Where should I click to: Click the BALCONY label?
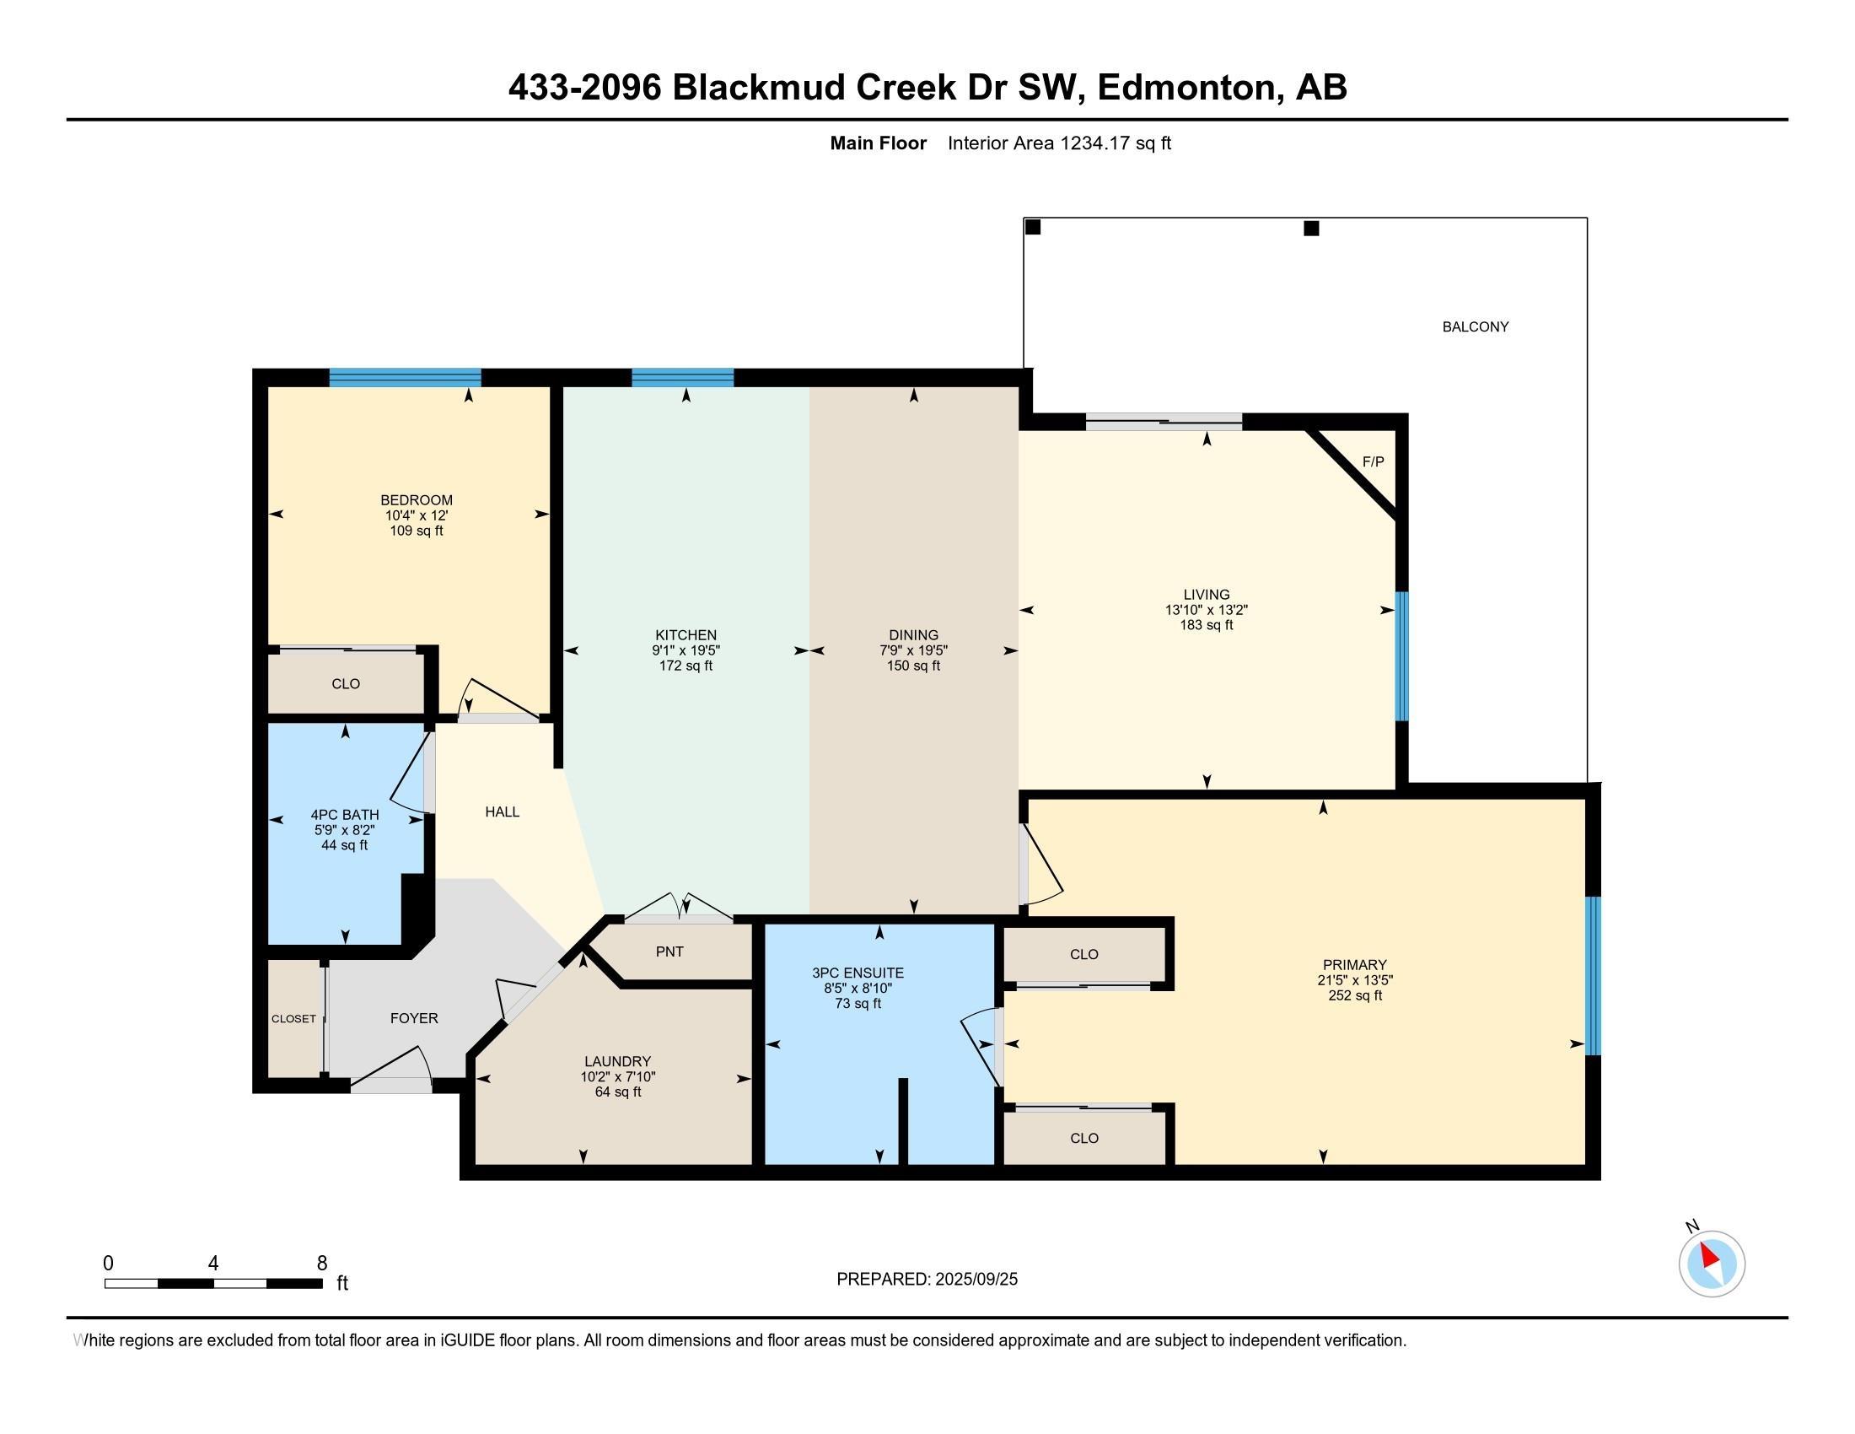click(1476, 326)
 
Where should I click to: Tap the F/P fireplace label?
click(1374, 461)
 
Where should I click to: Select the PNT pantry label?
click(669, 952)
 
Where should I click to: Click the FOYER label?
click(414, 1018)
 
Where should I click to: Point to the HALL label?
click(502, 811)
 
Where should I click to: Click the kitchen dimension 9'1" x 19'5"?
click(686, 650)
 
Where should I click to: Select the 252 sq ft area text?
click(1355, 995)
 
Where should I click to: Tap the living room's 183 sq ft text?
click(1206, 624)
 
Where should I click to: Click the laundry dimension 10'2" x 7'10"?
click(617, 1076)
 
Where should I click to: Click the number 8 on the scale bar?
click(322, 1264)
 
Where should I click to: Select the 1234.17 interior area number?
click(1095, 143)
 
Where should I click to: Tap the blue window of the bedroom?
click(405, 377)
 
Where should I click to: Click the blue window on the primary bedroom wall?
click(1594, 975)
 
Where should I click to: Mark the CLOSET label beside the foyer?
click(293, 1019)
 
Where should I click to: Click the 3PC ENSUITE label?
click(858, 973)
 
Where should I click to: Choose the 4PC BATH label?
click(345, 815)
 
